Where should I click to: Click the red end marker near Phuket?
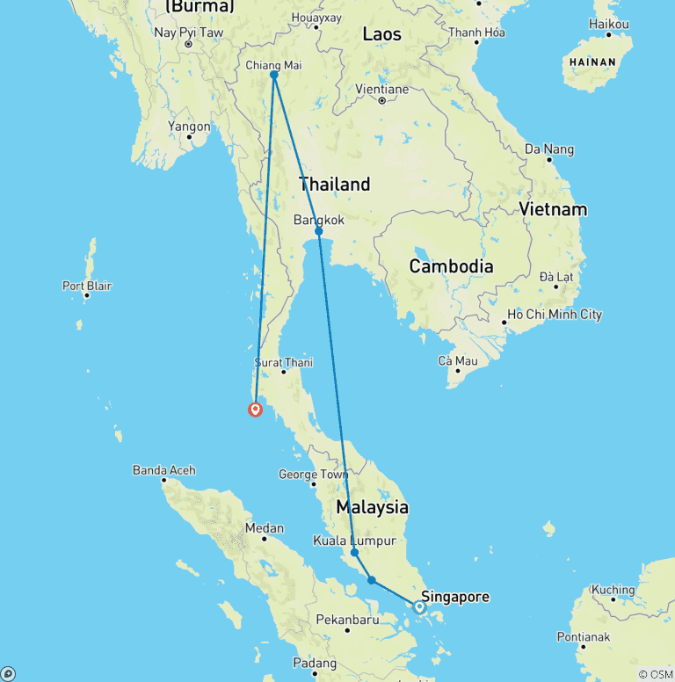coord(255,409)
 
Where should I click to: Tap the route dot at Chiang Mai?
coord(274,76)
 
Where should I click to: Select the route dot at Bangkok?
coord(318,231)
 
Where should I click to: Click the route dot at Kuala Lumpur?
coord(353,553)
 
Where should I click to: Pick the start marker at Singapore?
coord(419,606)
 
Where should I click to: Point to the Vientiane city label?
coord(382,89)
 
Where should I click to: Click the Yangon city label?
coord(190,127)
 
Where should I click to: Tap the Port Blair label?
coord(87,286)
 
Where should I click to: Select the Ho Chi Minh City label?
coord(555,315)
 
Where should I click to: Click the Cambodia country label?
coord(452,266)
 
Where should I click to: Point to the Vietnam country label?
coord(553,209)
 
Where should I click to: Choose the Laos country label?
coord(381,34)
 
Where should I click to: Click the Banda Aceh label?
coord(163,470)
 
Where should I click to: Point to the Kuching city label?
coord(613,590)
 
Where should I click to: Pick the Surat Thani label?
coord(283,362)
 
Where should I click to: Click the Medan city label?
coord(265,528)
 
